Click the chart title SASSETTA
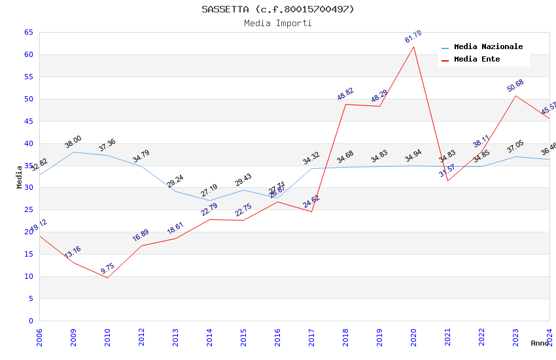tap(277, 9)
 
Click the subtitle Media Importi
tap(277, 24)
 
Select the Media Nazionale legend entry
tap(488, 47)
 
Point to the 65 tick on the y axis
tap(27, 32)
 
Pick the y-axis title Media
tap(20, 177)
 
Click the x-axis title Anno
tap(540, 343)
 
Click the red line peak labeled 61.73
tap(413, 46)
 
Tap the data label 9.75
tap(107, 268)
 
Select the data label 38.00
tap(73, 142)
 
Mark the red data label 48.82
tap(345, 94)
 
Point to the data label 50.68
tap(515, 86)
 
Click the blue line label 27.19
tap(209, 190)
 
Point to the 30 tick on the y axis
tap(27, 188)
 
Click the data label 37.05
tap(515, 147)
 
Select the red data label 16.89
tap(141, 236)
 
